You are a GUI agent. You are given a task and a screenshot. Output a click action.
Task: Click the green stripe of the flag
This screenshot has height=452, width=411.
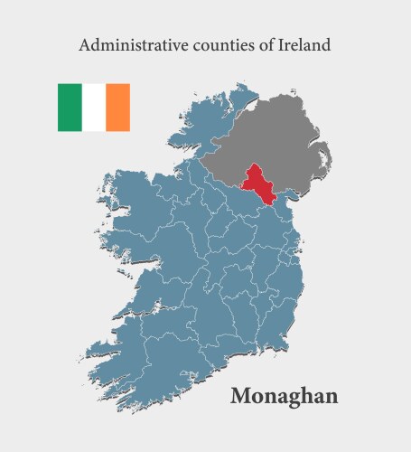point(70,108)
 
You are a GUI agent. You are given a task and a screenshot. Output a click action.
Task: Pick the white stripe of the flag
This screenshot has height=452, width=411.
point(94,108)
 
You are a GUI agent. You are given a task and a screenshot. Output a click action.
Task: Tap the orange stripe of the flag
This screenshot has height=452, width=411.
point(118,108)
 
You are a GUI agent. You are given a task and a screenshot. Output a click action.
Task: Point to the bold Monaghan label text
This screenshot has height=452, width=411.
point(284,396)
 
